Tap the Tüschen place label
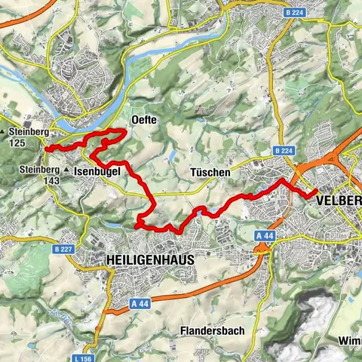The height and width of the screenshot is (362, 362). [x=210, y=173]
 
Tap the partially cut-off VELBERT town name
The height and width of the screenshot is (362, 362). [x=339, y=201]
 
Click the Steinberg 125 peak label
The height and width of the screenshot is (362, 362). [x=29, y=137]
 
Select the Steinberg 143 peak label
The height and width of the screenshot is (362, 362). [x=39, y=176]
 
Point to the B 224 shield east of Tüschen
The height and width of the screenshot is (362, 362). [x=284, y=152]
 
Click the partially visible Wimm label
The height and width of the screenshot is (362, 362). [x=350, y=340]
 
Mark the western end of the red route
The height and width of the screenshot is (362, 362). [x=47, y=149]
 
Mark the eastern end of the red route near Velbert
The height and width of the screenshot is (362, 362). [x=312, y=195]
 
